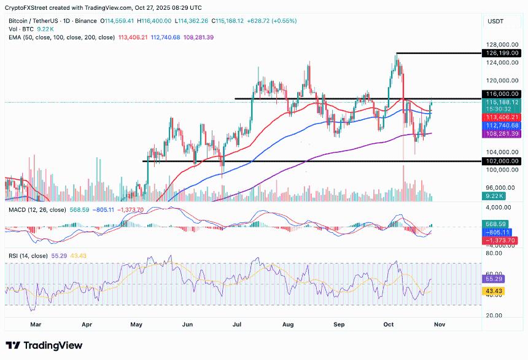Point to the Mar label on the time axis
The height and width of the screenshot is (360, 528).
36,323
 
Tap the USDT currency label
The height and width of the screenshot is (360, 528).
496,21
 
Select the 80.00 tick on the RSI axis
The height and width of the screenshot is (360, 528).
495,252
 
